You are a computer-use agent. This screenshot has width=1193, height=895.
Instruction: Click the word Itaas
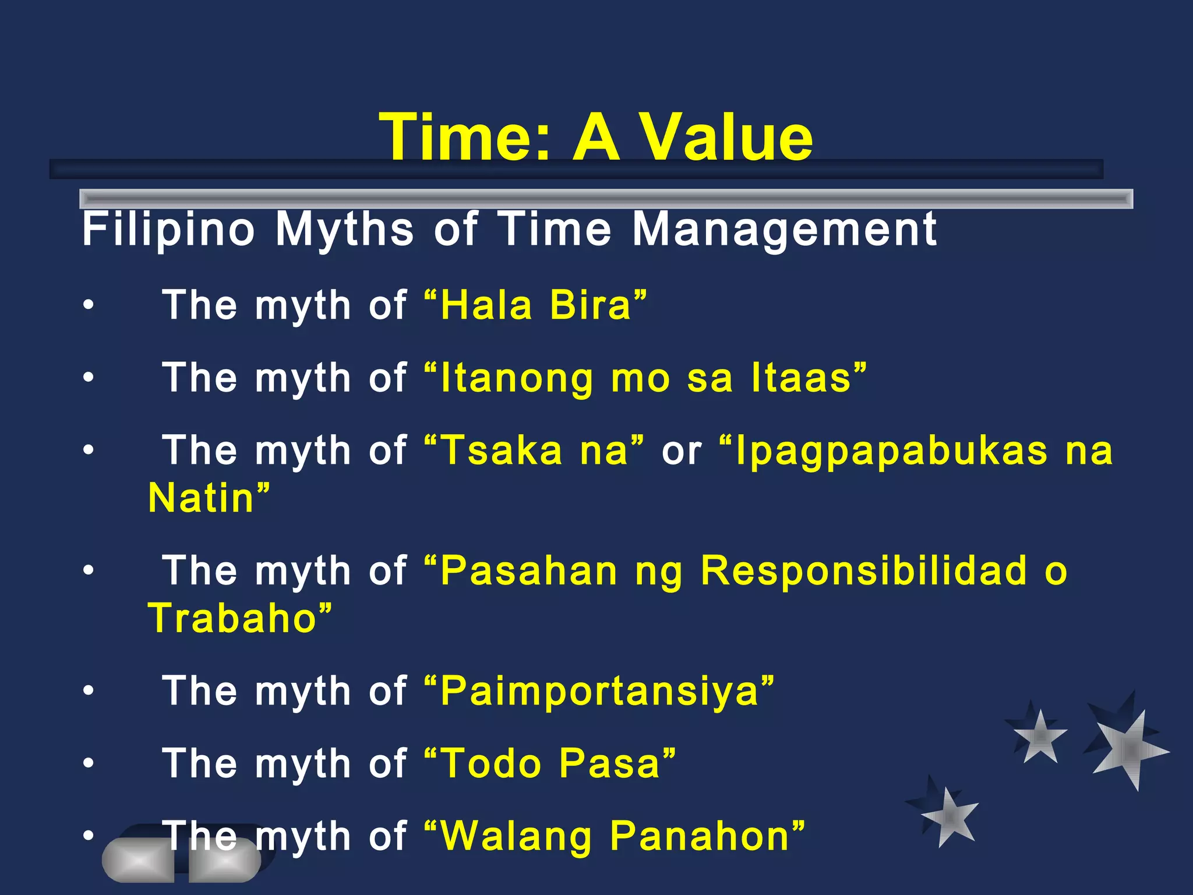click(x=802, y=378)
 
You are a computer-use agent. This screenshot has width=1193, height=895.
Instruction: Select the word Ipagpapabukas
click(x=892, y=450)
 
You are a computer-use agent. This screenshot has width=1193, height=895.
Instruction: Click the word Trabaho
click(x=232, y=618)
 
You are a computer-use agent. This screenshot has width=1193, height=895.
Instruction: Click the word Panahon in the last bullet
click(x=700, y=836)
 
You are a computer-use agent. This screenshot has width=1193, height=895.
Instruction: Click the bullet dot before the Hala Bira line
click(x=88, y=305)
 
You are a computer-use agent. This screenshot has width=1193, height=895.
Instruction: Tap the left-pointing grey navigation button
click(x=139, y=860)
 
